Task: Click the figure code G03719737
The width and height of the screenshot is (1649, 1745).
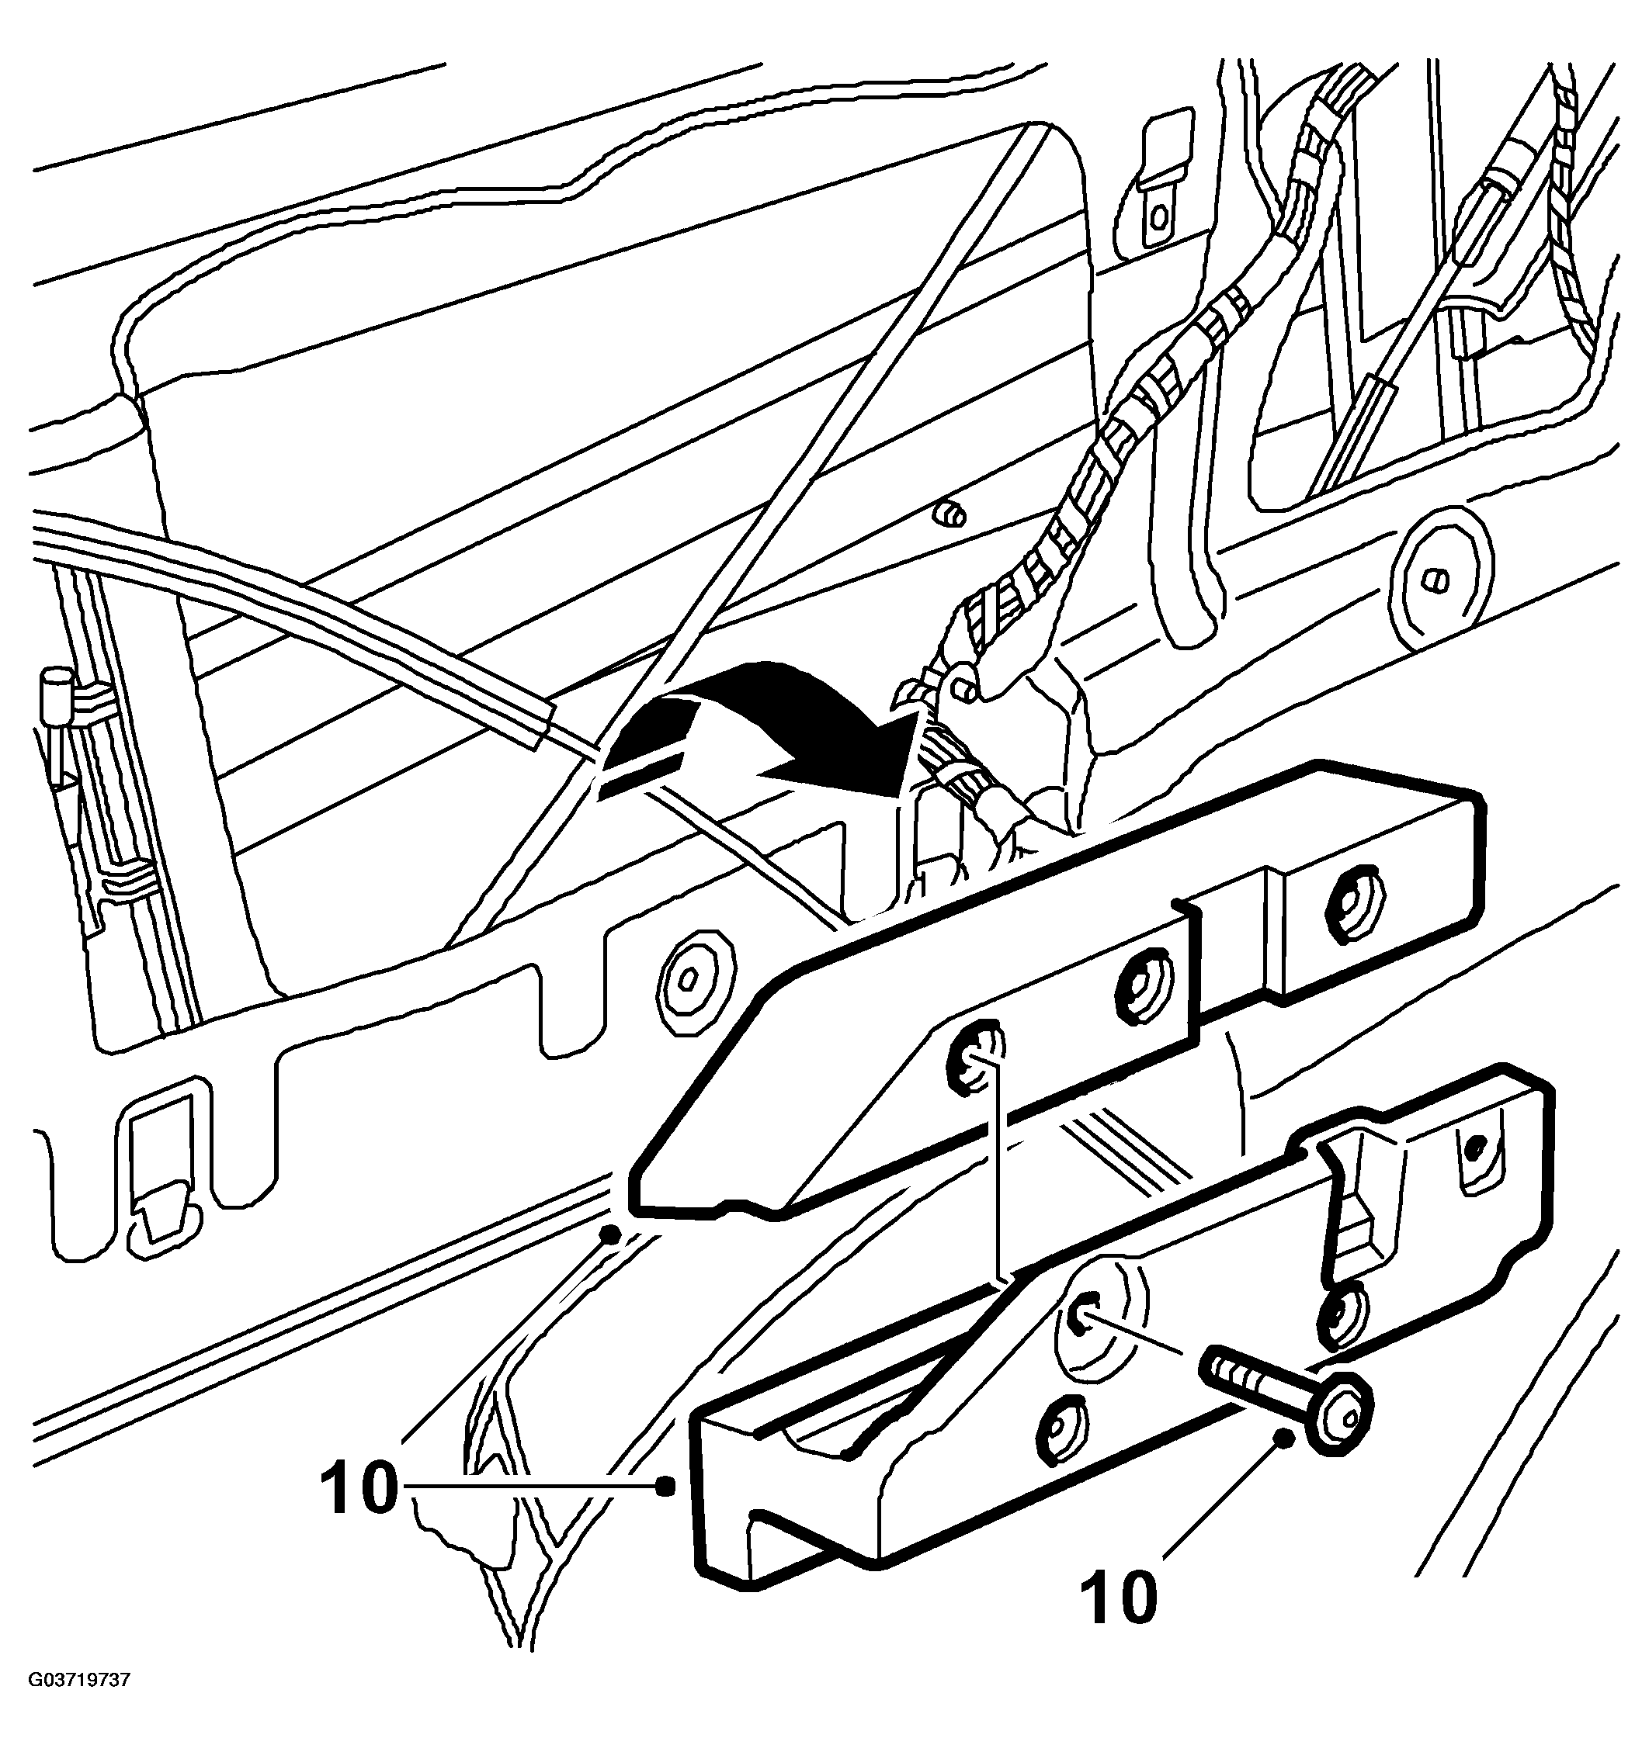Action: [80, 1705]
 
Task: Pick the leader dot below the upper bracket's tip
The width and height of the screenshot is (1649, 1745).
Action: [608, 1234]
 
